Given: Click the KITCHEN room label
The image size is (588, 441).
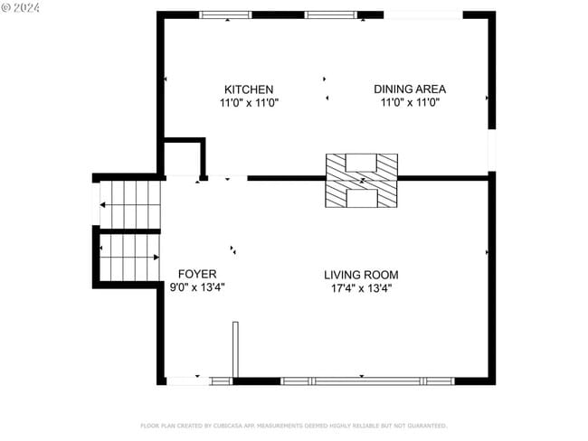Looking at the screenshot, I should pyautogui.click(x=249, y=89).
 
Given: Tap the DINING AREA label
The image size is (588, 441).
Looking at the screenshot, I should pyautogui.click(x=410, y=89).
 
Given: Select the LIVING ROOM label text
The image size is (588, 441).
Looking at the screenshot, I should pyautogui.click(x=361, y=275).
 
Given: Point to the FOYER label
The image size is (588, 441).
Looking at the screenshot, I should pyautogui.click(x=196, y=274).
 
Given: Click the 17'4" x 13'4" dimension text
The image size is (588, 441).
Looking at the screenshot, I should pyautogui.click(x=361, y=288).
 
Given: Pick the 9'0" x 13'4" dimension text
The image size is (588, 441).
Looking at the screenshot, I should pyautogui.click(x=196, y=287).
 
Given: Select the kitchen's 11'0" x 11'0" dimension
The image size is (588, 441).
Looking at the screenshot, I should pyautogui.click(x=249, y=103).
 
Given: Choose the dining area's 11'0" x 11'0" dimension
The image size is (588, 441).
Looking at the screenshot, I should pyautogui.click(x=410, y=103).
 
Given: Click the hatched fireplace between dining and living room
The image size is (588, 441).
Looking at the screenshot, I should pyautogui.click(x=361, y=181).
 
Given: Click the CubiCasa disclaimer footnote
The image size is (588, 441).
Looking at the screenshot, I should pyautogui.click(x=293, y=425).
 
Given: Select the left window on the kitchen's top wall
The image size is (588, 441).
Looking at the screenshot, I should pyautogui.click(x=225, y=14).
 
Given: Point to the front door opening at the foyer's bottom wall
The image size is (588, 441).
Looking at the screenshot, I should pyautogui.click(x=187, y=381).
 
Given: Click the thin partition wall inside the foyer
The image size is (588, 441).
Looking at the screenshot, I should pyautogui.click(x=235, y=349).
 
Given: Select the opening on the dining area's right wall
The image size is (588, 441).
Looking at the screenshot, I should pyautogui.click(x=492, y=149).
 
